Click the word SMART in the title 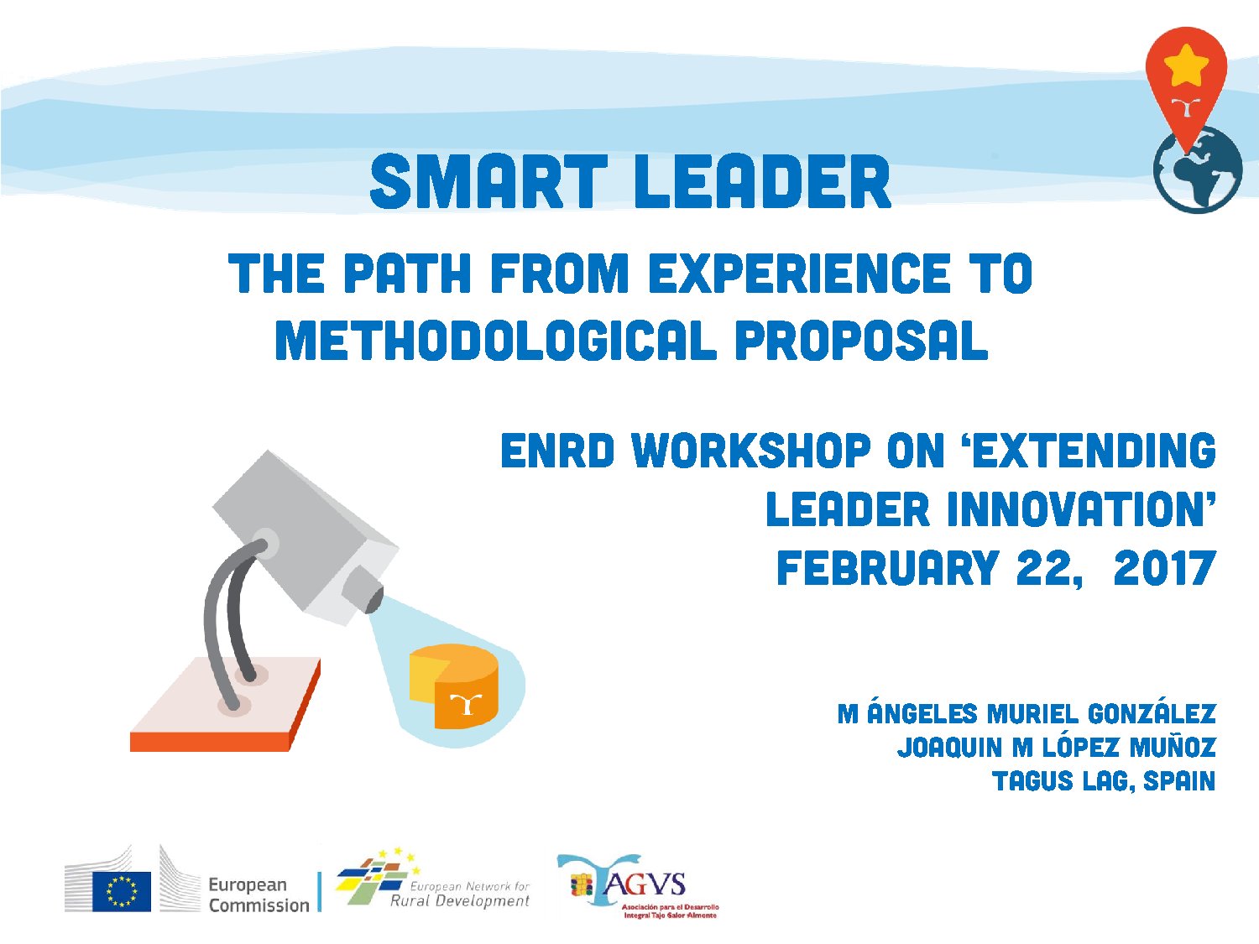pos(488,182)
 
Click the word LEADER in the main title pos(762,182)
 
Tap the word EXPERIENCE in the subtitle pos(799,274)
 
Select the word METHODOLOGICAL pos(495,342)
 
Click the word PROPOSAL pos(861,342)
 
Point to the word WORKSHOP pos(751,451)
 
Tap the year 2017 pos(1164,568)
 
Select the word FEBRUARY pos(887,568)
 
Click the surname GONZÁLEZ pos(1152,714)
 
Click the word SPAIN pos(1179,781)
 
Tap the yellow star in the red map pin pos(1186,65)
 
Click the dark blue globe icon pos(1199,172)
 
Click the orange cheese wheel pos(454,686)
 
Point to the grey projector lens pos(365,589)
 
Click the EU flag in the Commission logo pos(122,891)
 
